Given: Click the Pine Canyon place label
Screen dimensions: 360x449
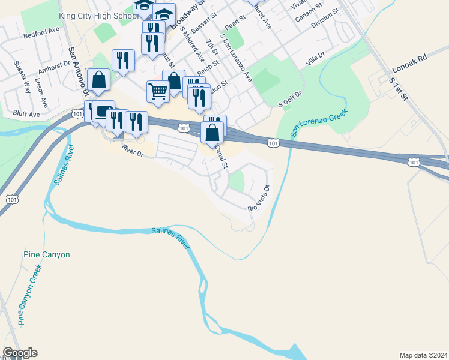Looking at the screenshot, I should click(x=47, y=254).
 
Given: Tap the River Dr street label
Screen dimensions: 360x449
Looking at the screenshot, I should click(x=133, y=151).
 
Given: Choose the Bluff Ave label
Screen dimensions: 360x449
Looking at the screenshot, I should click(x=26, y=114).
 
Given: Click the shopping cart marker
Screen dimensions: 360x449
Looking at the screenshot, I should click(x=158, y=91).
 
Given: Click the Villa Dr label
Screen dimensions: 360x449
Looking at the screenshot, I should click(x=315, y=58).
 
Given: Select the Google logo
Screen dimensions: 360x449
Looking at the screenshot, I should click(x=20, y=353).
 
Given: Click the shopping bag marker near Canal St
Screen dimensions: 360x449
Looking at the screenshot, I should click(x=212, y=132).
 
